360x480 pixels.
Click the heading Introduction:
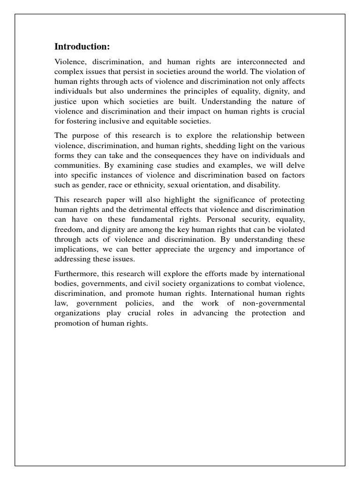point(82,46)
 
